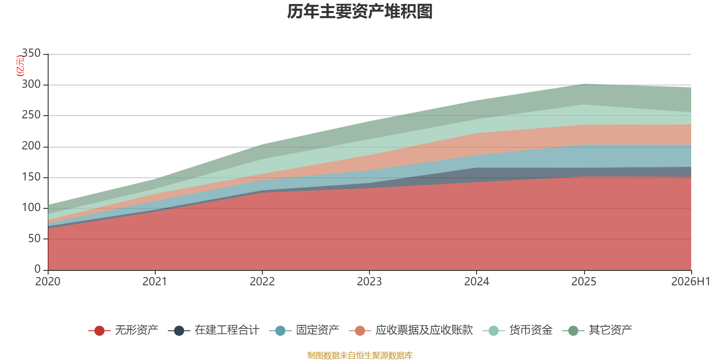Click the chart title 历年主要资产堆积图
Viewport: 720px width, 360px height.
tap(360, 12)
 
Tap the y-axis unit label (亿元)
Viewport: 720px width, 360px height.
tap(20, 66)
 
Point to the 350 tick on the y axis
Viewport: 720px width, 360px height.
tap(31, 53)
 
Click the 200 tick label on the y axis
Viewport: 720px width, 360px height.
tap(31, 146)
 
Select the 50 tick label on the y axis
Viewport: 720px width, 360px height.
tap(34, 238)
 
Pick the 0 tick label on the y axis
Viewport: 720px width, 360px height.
tap(38, 269)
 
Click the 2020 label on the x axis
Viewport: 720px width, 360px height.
tap(48, 282)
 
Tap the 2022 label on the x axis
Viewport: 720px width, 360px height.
tap(262, 282)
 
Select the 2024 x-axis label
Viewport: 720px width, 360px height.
tap(477, 282)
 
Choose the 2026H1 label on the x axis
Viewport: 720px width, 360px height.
tap(690, 282)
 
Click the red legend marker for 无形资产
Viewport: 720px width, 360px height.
tap(99, 331)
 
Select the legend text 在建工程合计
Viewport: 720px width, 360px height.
tap(227, 330)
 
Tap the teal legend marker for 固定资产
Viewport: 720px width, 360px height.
tap(280, 331)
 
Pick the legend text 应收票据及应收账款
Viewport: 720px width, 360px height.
tap(424, 330)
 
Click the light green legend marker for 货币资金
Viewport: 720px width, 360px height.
tap(493, 331)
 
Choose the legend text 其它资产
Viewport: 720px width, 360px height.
tap(610, 330)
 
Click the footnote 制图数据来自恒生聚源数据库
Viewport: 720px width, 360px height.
tap(360, 355)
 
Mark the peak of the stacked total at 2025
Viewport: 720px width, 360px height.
tap(584, 84)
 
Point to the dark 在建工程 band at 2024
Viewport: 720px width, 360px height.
tap(477, 175)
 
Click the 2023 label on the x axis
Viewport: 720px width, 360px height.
tap(369, 282)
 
